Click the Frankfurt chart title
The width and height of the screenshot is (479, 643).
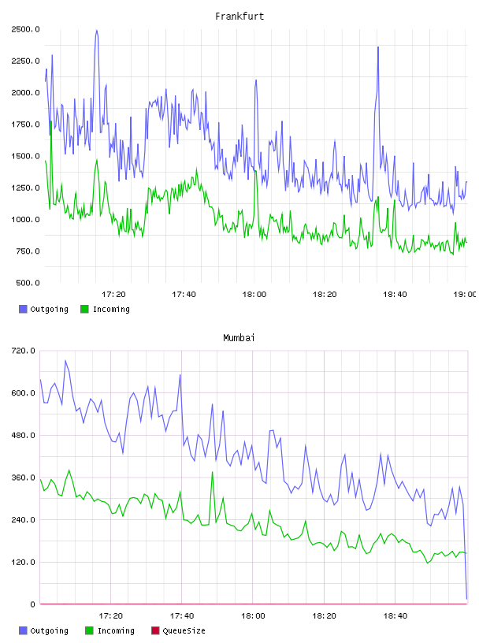239,17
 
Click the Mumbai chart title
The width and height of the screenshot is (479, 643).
239,338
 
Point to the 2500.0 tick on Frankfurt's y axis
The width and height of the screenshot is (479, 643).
25,29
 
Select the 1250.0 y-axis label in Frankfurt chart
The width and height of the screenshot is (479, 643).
25,188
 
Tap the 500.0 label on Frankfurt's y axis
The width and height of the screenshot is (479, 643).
28,283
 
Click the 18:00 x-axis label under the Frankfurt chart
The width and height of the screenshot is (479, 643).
254,295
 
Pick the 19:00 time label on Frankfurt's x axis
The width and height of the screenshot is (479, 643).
465,295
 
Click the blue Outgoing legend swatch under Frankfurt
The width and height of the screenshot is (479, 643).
23,309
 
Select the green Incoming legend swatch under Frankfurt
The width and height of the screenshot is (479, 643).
84,309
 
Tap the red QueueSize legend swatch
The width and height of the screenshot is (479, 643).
155,630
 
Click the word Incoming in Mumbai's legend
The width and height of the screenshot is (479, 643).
116,630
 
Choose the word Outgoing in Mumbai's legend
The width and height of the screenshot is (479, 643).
49,630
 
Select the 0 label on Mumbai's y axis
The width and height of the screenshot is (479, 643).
32,604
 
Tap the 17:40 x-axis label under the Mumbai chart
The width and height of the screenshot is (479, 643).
182,616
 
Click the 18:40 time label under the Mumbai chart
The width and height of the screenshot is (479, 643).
395,616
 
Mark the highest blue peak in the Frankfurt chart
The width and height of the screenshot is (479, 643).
96,31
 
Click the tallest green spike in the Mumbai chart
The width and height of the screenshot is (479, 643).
212,472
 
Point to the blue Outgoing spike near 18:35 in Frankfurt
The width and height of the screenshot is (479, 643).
377,47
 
